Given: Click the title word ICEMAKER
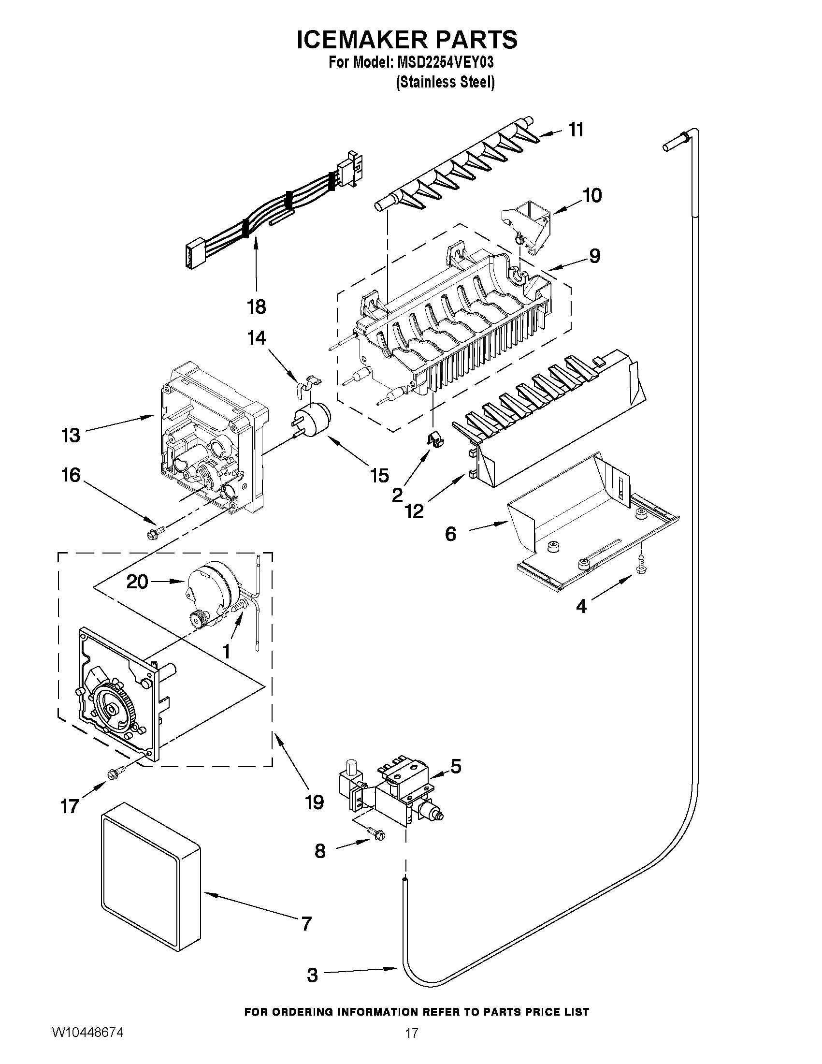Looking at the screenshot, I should pyautogui.click(x=358, y=40).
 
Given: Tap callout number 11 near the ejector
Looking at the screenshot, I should pyautogui.click(x=576, y=130).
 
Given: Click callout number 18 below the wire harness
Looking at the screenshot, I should pyautogui.click(x=256, y=307).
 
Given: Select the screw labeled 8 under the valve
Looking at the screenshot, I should pyautogui.click(x=376, y=834).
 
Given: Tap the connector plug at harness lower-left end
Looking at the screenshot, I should pyautogui.click(x=190, y=255).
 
